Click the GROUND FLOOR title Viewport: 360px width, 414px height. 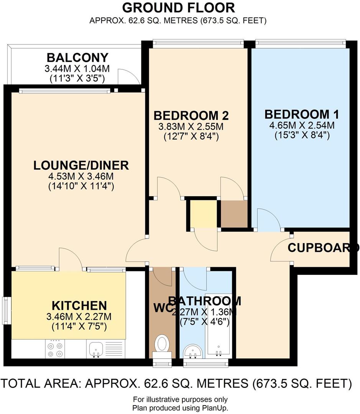178,7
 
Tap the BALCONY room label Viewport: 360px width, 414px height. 77,58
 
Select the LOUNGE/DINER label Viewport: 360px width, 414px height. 81,165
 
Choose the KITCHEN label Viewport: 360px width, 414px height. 79,306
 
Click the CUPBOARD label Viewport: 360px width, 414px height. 323,248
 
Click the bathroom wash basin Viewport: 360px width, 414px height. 192,351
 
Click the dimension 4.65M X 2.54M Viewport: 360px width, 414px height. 302,125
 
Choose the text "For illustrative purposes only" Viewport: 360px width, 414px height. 180,399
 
